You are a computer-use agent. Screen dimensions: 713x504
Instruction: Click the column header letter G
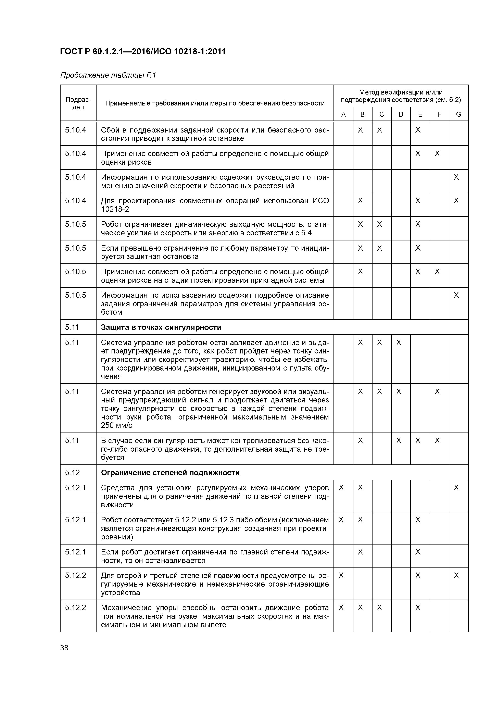click(x=458, y=114)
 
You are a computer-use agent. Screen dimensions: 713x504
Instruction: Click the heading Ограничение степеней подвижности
click(x=170, y=473)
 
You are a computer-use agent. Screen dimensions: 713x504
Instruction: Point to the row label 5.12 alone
click(x=72, y=473)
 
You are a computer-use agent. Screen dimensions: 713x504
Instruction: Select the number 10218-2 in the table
click(x=115, y=209)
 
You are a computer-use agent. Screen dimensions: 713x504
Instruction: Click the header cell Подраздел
click(x=78, y=103)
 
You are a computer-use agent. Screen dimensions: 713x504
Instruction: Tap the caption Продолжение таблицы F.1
click(x=108, y=75)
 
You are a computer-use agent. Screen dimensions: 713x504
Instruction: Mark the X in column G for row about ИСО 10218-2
click(x=456, y=201)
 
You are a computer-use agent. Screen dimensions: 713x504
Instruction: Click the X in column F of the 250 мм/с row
click(x=437, y=392)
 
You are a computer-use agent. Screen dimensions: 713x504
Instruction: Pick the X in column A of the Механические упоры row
click(x=341, y=608)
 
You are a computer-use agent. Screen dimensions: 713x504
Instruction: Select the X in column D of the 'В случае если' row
click(x=399, y=441)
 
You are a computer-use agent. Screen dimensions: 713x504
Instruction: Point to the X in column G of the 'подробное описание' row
click(x=456, y=295)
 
